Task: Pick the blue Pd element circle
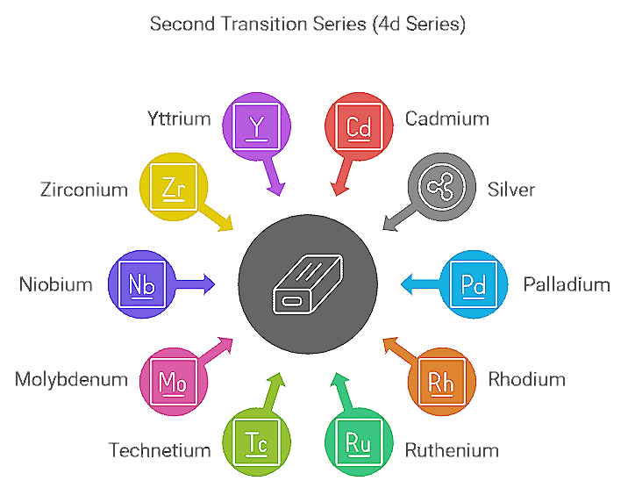click(473, 283)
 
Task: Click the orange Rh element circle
click(441, 380)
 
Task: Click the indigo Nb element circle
click(141, 283)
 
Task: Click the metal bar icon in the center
click(308, 283)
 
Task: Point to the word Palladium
click(566, 284)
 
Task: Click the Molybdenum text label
click(71, 380)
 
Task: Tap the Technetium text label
click(160, 451)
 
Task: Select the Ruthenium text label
click(452, 451)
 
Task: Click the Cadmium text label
click(446, 119)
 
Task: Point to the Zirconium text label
click(84, 189)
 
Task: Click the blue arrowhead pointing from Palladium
click(406, 283)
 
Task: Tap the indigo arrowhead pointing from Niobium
click(209, 283)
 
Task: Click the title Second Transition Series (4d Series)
click(308, 24)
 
